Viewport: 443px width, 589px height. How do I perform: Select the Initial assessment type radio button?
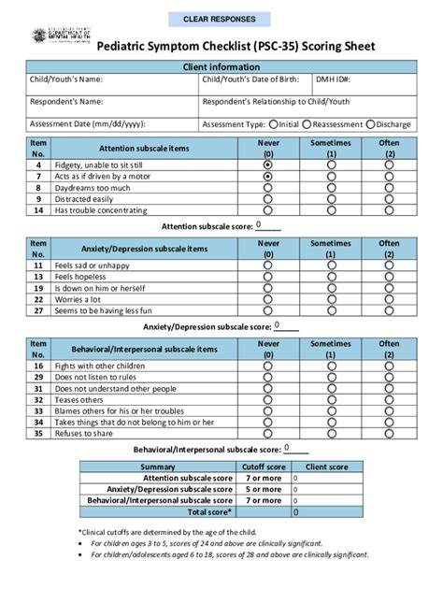pos(273,122)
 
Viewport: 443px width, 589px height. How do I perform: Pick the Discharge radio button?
pos(371,122)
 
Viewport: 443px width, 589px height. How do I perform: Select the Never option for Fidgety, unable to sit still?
pos(268,164)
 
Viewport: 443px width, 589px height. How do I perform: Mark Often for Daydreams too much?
pos(390,187)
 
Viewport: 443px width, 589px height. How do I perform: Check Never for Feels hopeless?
pos(268,278)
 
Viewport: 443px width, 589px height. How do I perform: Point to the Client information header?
pos(221,67)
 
